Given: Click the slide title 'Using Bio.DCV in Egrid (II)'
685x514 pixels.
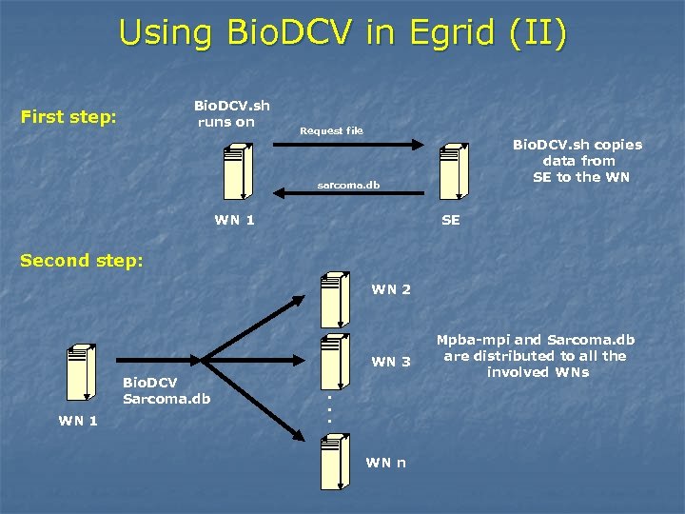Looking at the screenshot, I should point(342,32).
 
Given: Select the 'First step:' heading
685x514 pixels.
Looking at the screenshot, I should point(68,117).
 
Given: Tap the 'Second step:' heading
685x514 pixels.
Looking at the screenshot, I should point(82,260).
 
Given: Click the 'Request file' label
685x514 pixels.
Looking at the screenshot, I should point(331,130).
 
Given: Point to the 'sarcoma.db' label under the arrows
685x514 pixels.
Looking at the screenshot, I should point(348,185).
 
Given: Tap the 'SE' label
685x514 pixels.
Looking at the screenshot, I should point(451,220).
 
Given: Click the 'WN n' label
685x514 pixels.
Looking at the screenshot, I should point(386,463).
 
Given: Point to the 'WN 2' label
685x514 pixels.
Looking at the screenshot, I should point(391,289).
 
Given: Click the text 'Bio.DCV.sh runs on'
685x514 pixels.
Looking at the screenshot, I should point(231,113).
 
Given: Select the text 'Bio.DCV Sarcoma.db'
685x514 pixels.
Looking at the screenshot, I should point(166,390).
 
